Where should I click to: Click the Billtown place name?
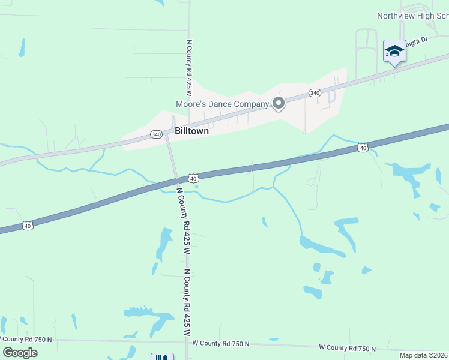pos(191,131)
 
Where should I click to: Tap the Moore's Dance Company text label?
pos(222,104)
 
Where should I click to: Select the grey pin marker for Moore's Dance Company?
pos(278,104)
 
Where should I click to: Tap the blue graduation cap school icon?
pos(394,51)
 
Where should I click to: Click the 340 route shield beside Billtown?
pos(156,134)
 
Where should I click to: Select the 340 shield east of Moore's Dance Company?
pos(315,92)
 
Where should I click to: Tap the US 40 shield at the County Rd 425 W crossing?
pos(192,178)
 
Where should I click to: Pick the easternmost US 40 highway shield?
pos(362,147)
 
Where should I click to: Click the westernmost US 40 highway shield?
pos(28,226)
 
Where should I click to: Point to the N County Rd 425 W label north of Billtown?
pos(188,68)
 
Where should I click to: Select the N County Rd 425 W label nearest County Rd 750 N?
pos(187,303)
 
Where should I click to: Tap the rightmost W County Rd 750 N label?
pos(347,348)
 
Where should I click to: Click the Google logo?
pos(20,352)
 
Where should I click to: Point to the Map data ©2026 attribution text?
pos(423,355)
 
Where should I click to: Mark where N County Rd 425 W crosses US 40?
pos(177,180)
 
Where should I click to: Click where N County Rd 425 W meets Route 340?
pos(167,137)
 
